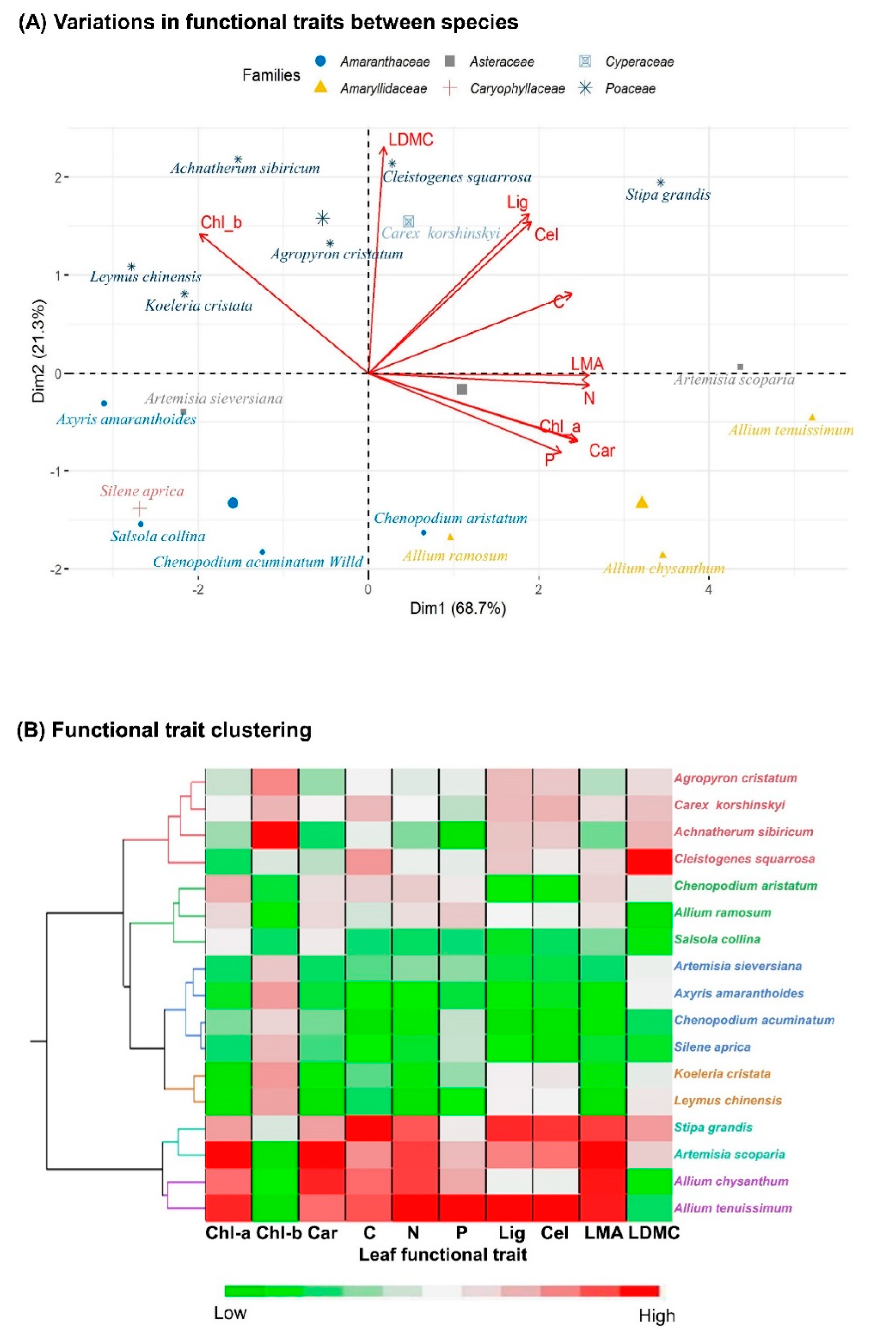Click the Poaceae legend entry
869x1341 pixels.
[630, 88]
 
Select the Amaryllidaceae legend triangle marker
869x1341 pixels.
[320, 87]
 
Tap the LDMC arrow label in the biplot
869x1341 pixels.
[411, 140]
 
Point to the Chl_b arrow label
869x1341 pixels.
[221, 223]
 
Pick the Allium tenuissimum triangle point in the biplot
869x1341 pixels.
[812, 417]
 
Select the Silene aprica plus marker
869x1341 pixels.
[139, 509]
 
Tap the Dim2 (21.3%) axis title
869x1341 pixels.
[38, 350]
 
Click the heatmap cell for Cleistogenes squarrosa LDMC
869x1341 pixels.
[649, 858]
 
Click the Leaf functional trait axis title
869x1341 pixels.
[443, 1255]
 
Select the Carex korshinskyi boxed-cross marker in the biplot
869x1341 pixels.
[408, 221]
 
